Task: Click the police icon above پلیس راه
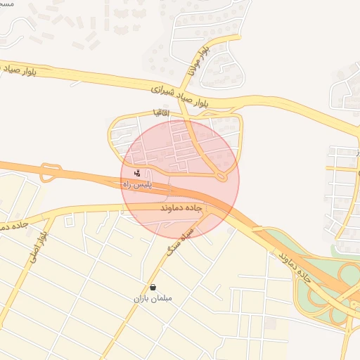pyautogui.click(x=137, y=172)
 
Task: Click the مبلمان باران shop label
pyautogui.click(x=153, y=298)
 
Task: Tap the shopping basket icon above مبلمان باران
pyautogui.click(x=153, y=287)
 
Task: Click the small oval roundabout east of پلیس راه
pyautogui.click(x=221, y=175)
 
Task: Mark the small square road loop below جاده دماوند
pyautogui.click(x=69, y=221)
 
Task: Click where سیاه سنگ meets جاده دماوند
pyautogui.click(x=204, y=214)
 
